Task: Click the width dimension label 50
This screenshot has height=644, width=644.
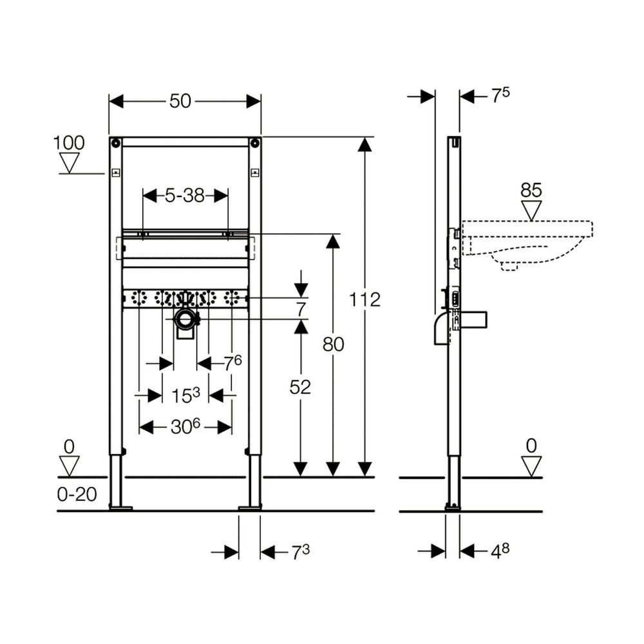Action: [180, 101]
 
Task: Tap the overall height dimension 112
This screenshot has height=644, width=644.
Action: [365, 300]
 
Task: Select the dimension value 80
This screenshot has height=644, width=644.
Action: [333, 344]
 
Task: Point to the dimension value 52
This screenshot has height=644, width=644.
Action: [300, 387]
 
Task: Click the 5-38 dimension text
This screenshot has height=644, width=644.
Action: [185, 196]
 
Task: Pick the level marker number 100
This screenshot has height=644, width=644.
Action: [69, 143]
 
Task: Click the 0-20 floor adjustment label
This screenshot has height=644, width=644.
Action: [77, 495]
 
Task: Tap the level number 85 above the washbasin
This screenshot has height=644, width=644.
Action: [531, 190]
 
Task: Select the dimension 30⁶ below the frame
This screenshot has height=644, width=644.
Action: [185, 427]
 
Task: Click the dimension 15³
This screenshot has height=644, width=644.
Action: [185, 395]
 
